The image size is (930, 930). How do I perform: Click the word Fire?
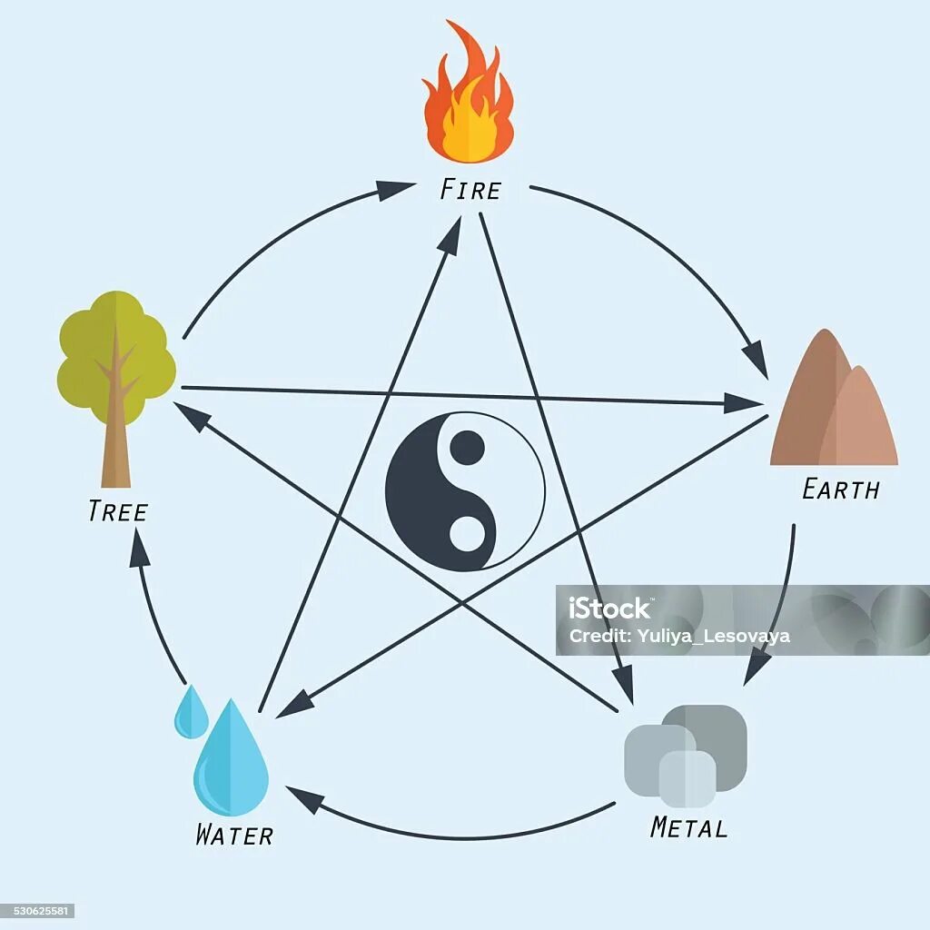point(470,190)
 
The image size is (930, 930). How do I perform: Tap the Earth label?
point(840,490)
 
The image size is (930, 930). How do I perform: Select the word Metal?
point(688,827)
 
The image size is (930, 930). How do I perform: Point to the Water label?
point(233,835)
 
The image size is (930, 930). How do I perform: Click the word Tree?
point(117,511)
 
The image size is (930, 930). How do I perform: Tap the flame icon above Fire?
point(468,95)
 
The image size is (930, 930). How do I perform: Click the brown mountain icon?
point(831,404)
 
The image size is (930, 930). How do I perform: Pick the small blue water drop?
point(191,712)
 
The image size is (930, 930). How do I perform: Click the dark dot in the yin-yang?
point(467,448)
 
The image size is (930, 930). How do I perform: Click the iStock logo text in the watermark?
point(609,608)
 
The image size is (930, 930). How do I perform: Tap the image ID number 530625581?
point(37,911)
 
